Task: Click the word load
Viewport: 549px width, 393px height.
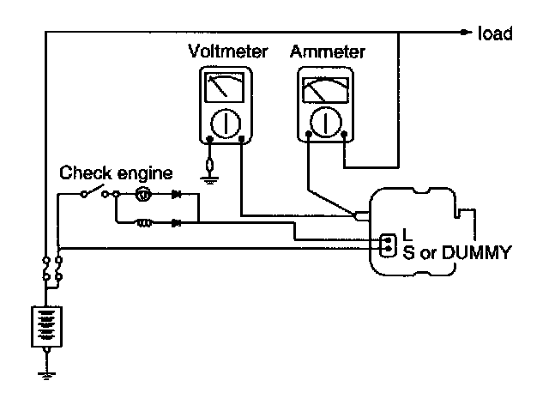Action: [498, 33]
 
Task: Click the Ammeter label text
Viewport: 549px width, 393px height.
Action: [327, 52]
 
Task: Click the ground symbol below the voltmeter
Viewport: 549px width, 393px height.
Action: [208, 178]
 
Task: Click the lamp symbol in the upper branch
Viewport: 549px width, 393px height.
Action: [144, 196]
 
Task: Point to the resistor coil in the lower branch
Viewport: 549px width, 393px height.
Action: [147, 223]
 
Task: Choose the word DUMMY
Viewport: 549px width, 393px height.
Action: [480, 252]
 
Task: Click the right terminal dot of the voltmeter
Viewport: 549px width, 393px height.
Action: [243, 138]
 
